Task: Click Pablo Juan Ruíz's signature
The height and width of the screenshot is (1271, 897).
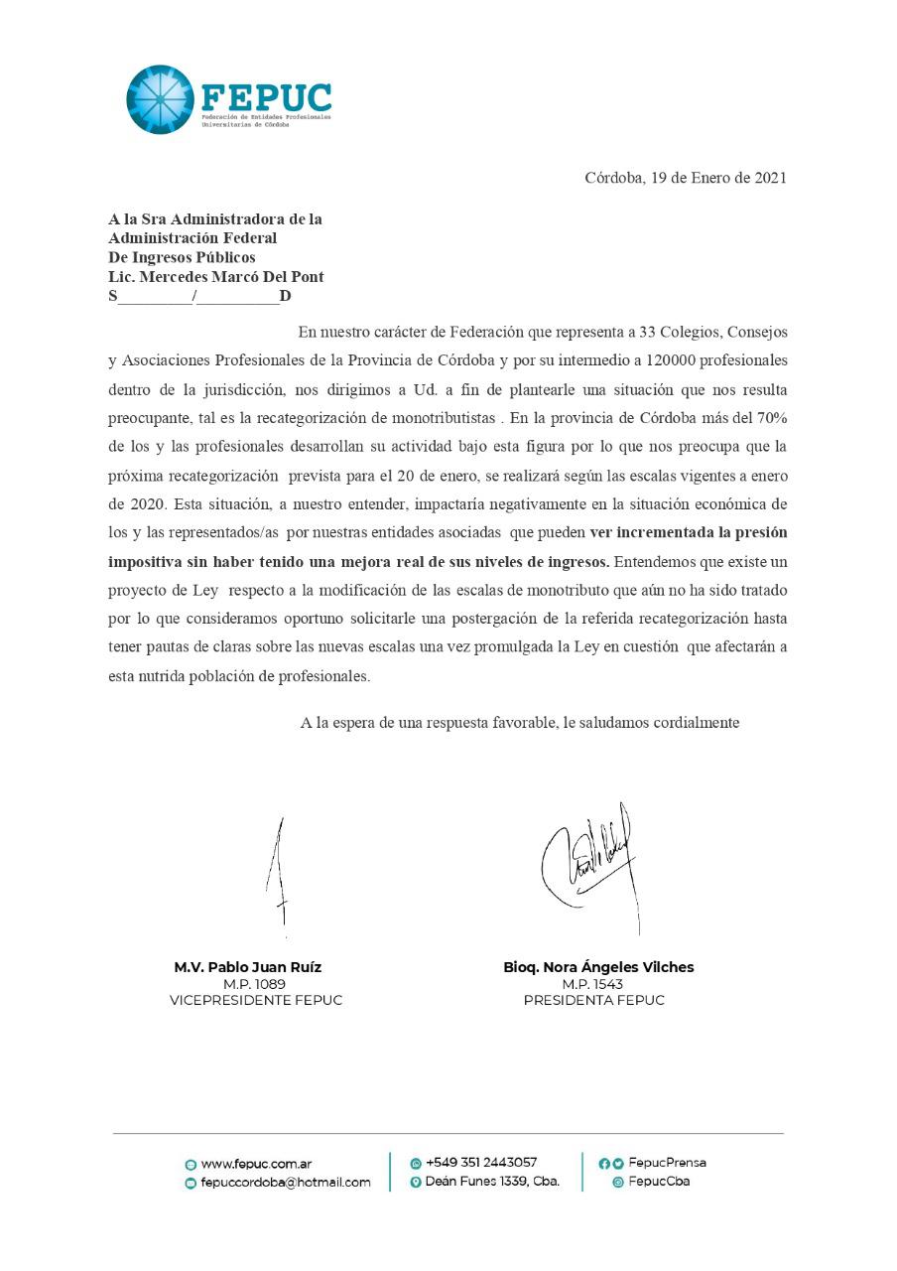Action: pyautogui.click(x=281, y=875)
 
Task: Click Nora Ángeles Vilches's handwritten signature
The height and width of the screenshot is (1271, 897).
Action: pyautogui.click(x=589, y=859)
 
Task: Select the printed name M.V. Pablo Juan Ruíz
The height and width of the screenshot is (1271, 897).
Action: pyautogui.click(x=248, y=967)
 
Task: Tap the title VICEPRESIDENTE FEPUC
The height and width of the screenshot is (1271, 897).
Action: pyautogui.click(x=256, y=1001)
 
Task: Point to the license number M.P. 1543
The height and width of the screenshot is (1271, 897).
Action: pyautogui.click(x=593, y=984)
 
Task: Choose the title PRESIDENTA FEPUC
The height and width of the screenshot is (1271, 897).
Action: pyautogui.click(x=593, y=1001)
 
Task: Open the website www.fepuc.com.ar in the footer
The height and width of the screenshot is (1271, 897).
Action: pyautogui.click(x=256, y=1164)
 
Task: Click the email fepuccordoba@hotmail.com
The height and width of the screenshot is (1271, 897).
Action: pyautogui.click(x=285, y=1183)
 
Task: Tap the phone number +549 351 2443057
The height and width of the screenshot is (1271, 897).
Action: pyautogui.click(x=481, y=1163)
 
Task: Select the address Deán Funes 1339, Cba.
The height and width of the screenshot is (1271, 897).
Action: pyautogui.click(x=492, y=1182)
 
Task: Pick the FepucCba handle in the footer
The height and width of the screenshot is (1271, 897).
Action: pyautogui.click(x=659, y=1182)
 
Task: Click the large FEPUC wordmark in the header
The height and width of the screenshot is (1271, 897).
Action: pyautogui.click(x=266, y=96)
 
